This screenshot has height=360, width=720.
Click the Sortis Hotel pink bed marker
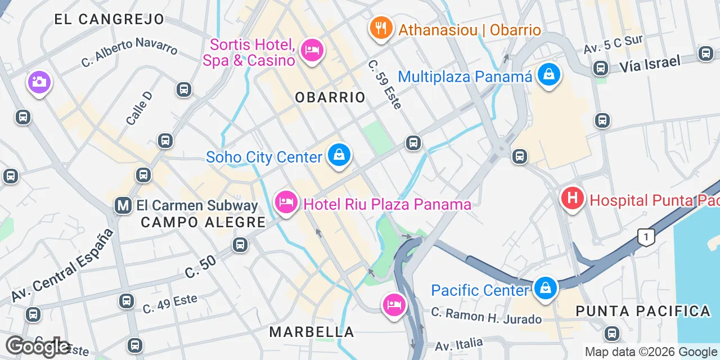point(312,50)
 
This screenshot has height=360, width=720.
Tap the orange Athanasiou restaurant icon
point(381,27)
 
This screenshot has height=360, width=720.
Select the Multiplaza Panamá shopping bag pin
point(549,74)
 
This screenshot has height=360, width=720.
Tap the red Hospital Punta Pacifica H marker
point(573,199)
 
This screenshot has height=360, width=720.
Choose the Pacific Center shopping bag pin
point(545,288)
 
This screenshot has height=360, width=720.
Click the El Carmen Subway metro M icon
point(123,205)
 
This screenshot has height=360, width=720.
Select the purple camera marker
point(39,83)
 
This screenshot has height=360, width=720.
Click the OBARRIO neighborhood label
point(330,97)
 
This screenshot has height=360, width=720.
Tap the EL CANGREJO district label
point(109,19)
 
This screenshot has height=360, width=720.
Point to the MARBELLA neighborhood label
point(312,332)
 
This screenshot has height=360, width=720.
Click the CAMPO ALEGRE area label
point(202,222)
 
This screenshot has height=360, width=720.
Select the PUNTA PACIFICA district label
point(643,310)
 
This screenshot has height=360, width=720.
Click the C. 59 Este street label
point(385,85)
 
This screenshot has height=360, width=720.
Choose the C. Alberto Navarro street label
point(129,52)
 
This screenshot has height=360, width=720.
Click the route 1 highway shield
point(646,237)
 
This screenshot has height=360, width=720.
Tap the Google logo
point(37,346)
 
